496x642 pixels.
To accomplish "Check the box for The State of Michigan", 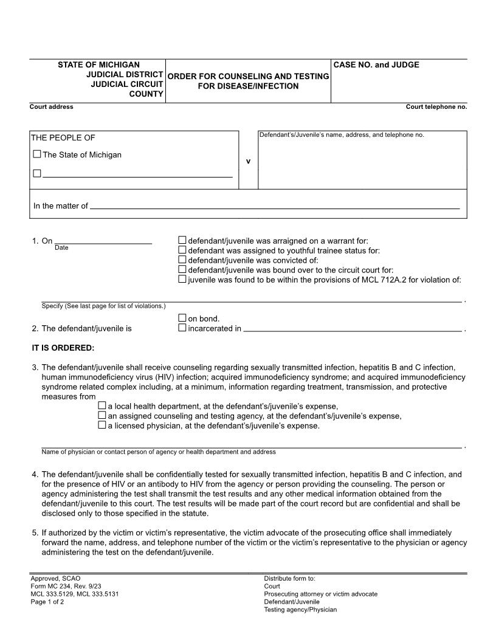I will (x=37, y=154).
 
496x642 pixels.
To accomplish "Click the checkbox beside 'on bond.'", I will (x=182, y=318).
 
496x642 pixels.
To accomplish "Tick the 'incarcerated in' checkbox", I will (x=182, y=328).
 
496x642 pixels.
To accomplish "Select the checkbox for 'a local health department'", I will (x=102, y=406).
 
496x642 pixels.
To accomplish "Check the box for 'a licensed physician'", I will (x=102, y=426).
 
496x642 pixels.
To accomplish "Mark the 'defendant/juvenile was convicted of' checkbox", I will (x=182, y=260).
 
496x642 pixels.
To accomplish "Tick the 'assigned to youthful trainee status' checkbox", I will (x=182, y=250).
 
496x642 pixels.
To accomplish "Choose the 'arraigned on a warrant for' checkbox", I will (x=182, y=240).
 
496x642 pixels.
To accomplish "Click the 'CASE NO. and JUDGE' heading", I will (x=376, y=65).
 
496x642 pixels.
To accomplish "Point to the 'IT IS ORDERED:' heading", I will (x=63, y=348).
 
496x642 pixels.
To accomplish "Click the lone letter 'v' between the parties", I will (x=248, y=161).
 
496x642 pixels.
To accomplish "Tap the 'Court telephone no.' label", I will (x=436, y=107).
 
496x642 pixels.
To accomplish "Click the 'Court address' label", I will (x=52, y=107).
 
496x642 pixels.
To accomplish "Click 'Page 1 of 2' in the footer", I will (x=47, y=602).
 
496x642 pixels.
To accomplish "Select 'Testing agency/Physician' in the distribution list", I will (x=300, y=610).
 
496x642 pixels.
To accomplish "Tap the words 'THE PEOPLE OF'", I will (x=63, y=138).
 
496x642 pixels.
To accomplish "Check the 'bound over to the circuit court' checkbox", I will (x=182, y=269).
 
